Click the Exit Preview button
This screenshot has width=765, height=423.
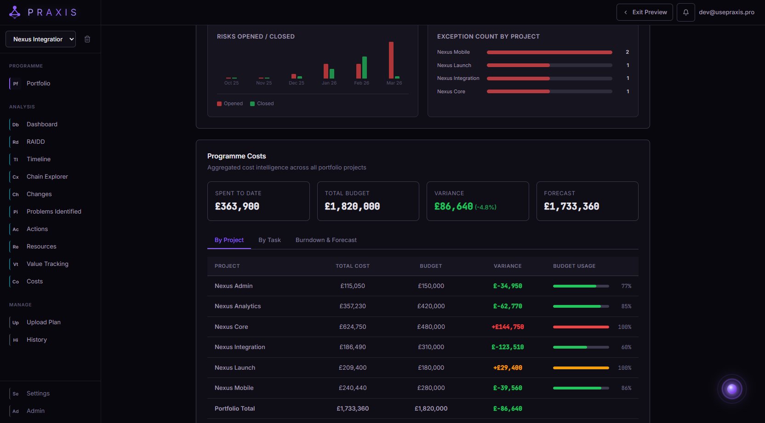[645, 12]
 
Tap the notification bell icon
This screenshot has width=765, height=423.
[685, 12]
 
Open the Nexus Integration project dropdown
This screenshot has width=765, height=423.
[40, 39]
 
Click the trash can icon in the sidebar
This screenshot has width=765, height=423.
[87, 39]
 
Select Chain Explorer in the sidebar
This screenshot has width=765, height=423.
[47, 176]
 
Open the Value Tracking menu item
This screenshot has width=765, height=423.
[47, 264]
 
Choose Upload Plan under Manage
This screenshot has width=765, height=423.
[43, 322]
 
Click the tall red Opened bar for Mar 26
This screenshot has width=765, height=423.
[391, 60]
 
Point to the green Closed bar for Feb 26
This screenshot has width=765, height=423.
[365, 68]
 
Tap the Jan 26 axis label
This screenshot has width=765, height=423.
[329, 83]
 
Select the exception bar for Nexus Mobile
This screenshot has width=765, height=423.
[549, 52]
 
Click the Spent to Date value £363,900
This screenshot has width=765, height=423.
[237, 207]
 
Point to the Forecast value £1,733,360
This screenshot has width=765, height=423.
[571, 207]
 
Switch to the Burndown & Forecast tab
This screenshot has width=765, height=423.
[326, 240]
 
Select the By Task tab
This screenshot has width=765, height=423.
[269, 240]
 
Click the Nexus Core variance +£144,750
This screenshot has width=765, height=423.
[508, 327]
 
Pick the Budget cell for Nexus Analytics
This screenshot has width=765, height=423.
[431, 306]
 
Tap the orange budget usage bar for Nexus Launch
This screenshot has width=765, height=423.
[581, 368]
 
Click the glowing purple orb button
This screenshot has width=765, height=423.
[732, 389]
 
